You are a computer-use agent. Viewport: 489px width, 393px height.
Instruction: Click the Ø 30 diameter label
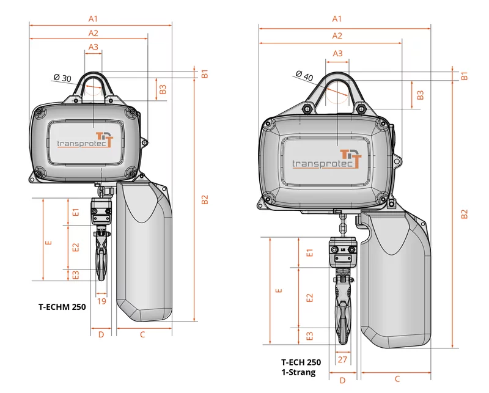pos(62,78)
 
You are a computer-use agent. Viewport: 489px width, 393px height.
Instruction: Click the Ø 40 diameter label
pos(304,76)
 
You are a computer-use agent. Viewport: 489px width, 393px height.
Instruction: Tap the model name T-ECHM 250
pos(62,307)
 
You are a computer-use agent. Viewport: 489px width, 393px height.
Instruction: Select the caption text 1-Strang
pos(298,372)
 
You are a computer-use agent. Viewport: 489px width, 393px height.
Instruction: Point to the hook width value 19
pos(101,301)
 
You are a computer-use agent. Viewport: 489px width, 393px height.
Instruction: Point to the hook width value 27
pos(342,359)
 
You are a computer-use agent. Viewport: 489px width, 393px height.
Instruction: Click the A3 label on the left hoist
pos(94,47)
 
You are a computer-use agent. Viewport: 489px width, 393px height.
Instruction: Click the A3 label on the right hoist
pos(337,54)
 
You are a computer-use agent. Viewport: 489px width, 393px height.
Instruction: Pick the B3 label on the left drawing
pos(163,89)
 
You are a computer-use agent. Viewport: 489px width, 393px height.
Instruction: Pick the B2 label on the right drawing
pos(465,214)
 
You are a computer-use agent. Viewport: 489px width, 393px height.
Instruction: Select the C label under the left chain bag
pos(142,335)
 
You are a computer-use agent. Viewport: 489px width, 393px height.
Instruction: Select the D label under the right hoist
pos(342,381)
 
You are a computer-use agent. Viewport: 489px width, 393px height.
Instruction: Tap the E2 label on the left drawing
pos(75,248)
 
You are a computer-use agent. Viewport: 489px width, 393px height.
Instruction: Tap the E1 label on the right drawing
pos(309,252)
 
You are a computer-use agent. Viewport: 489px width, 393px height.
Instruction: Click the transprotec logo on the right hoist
pos(327,160)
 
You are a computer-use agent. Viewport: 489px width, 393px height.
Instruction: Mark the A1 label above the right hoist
pos(337,19)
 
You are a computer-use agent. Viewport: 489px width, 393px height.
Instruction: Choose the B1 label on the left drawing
pos(205,74)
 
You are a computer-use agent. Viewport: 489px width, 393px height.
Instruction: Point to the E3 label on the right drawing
pos(309,336)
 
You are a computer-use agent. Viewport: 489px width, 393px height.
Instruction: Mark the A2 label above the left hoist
pos(94,33)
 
